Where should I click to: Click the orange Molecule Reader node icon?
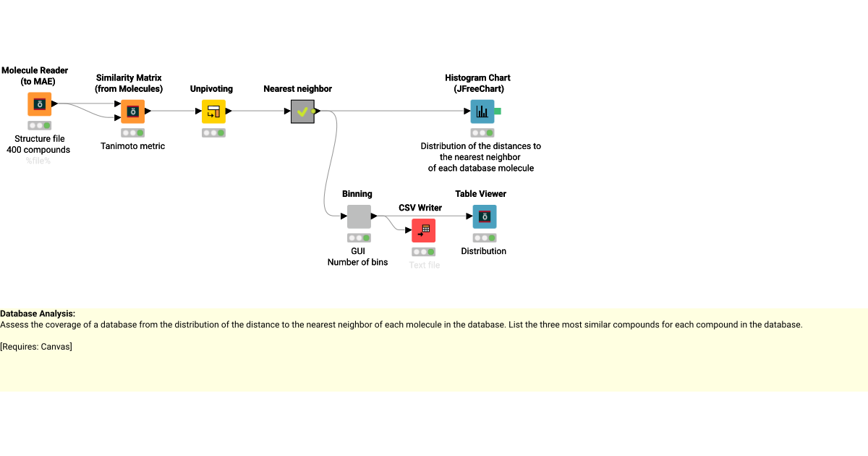(40, 104)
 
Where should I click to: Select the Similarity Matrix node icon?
(133, 111)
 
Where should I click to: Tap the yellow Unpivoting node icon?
(213, 111)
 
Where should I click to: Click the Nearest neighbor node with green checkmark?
(302, 111)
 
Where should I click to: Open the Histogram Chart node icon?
(482, 111)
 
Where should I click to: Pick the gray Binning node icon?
(359, 216)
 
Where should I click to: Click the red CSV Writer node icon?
(423, 230)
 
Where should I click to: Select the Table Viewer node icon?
(485, 216)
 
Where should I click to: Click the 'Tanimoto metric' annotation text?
(132, 146)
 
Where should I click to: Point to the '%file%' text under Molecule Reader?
(39, 161)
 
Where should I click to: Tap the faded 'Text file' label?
(424, 265)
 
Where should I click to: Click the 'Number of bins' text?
(357, 262)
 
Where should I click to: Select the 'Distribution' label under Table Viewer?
(484, 251)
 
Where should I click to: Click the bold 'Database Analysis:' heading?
(38, 313)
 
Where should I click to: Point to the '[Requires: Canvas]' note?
(36, 347)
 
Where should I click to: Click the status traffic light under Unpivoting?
(213, 133)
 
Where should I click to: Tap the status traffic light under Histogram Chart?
(482, 133)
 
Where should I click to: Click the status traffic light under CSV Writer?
(423, 252)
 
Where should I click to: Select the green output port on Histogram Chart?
(498, 111)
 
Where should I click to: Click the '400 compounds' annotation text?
(38, 150)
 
